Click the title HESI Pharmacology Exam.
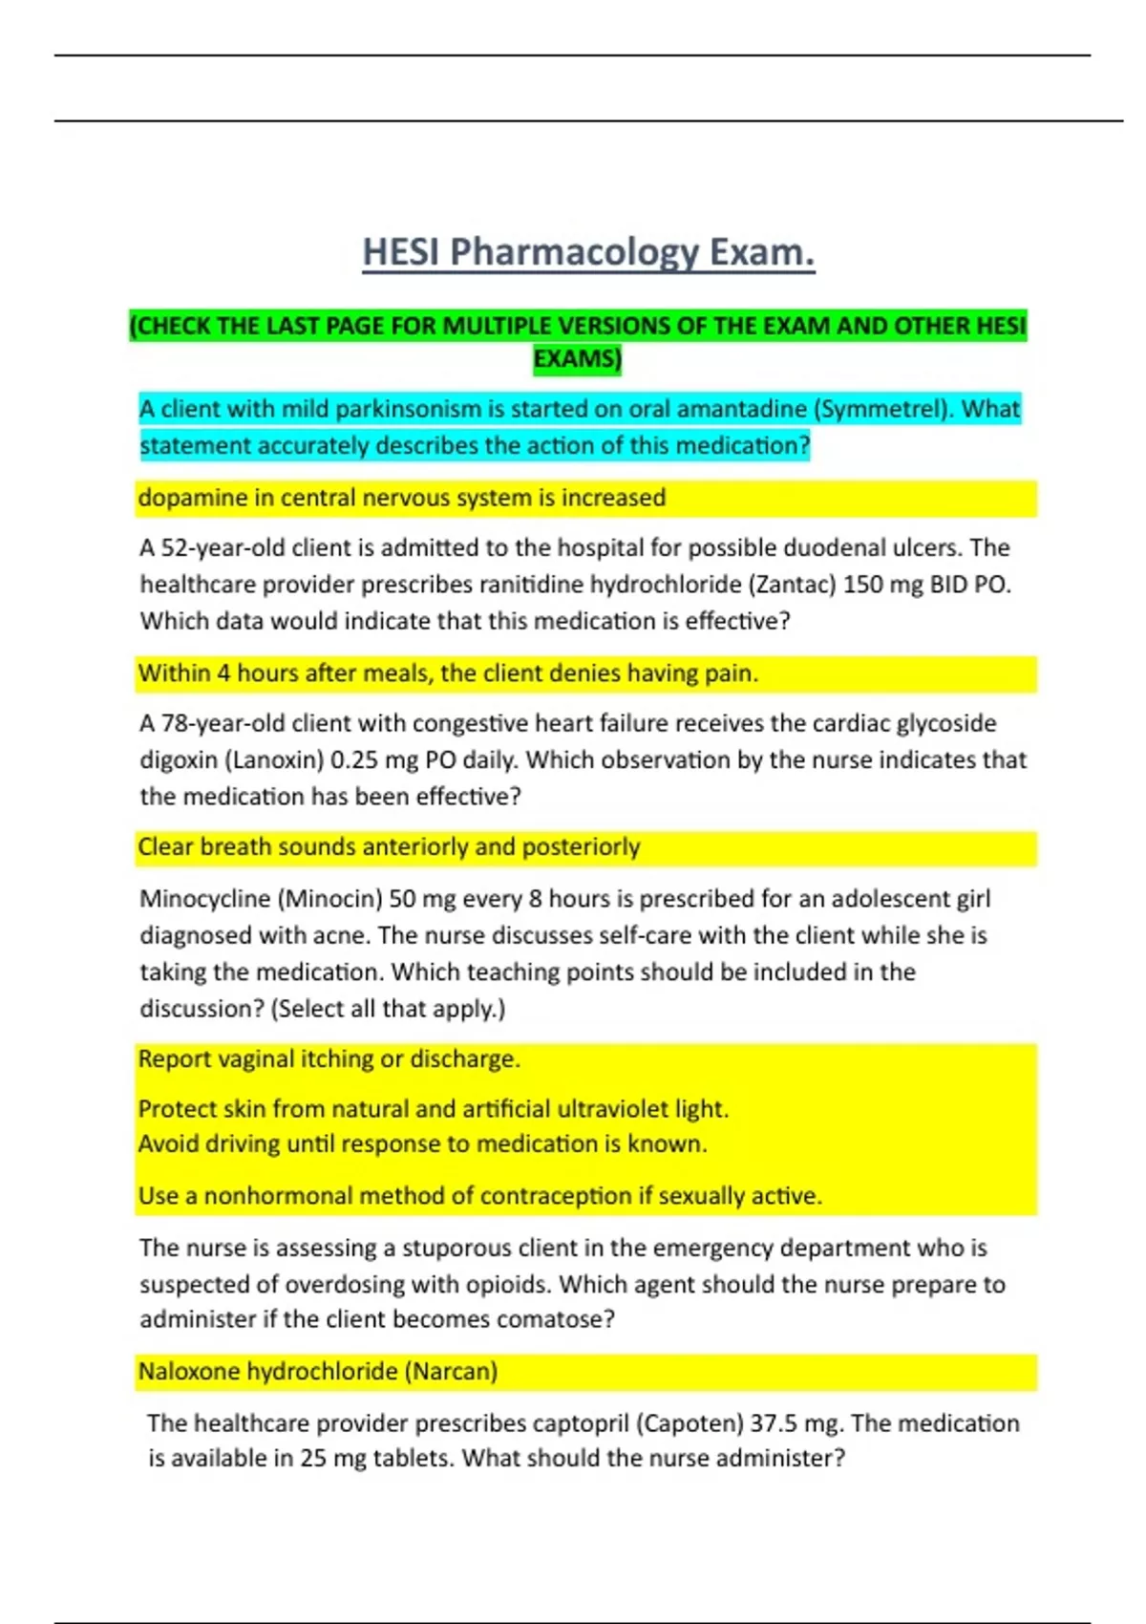click(x=588, y=252)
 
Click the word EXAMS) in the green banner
click(x=577, y=359)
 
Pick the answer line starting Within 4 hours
click(x=448, y=673)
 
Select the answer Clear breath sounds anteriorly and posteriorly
click(x=389, y=847)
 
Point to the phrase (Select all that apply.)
click(x=388, y=1009)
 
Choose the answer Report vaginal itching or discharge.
click(x=329, y=1059)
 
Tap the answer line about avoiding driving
click(x=422, y=1144)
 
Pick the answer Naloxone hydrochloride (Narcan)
click(x=318, y=1372)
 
